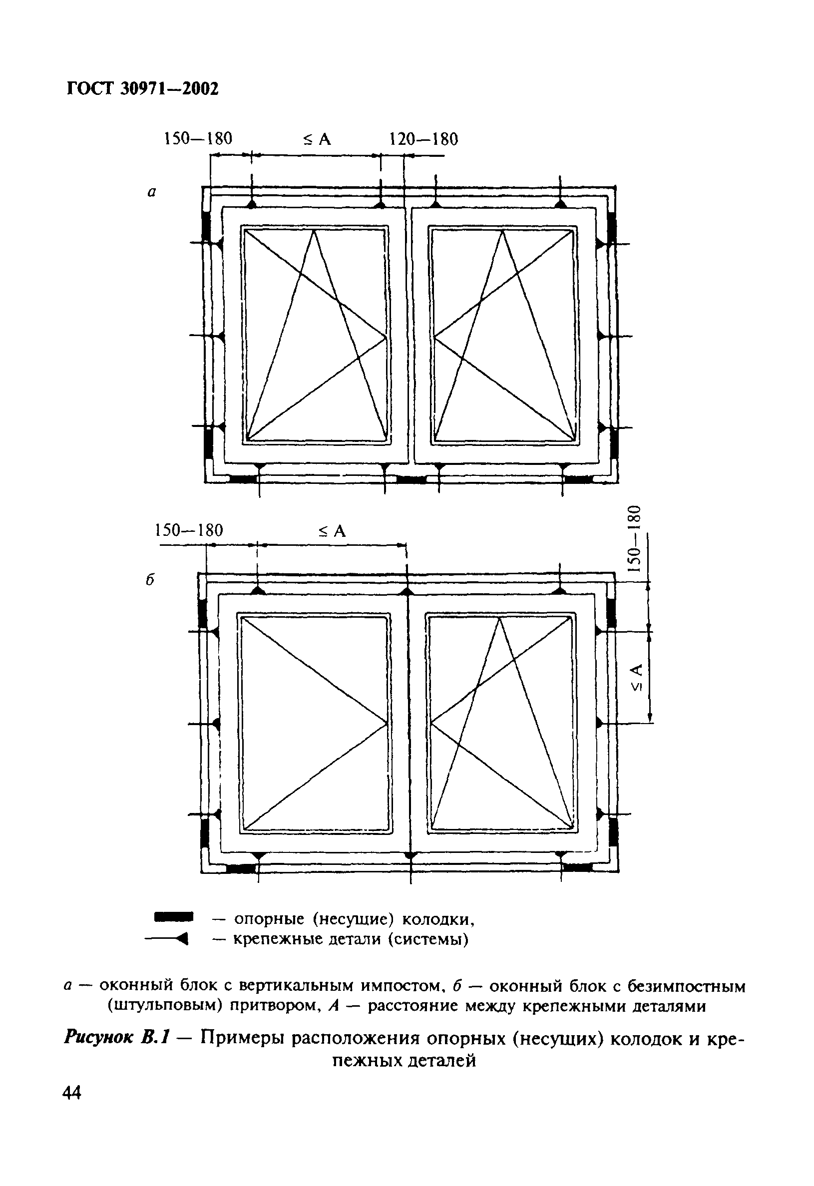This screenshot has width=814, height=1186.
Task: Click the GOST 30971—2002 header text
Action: (142, 89)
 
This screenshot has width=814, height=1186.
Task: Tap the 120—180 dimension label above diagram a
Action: (423, 139)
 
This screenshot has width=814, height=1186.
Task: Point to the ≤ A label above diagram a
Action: (317, 139)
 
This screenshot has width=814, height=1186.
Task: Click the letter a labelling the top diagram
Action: (151, 192)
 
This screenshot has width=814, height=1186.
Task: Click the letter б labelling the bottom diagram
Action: (150, 580)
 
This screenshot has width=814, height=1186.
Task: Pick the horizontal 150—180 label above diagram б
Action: (189, 530)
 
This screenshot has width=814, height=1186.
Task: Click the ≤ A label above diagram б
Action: (332, 531)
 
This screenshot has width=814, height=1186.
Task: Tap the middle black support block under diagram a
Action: (411, 479)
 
